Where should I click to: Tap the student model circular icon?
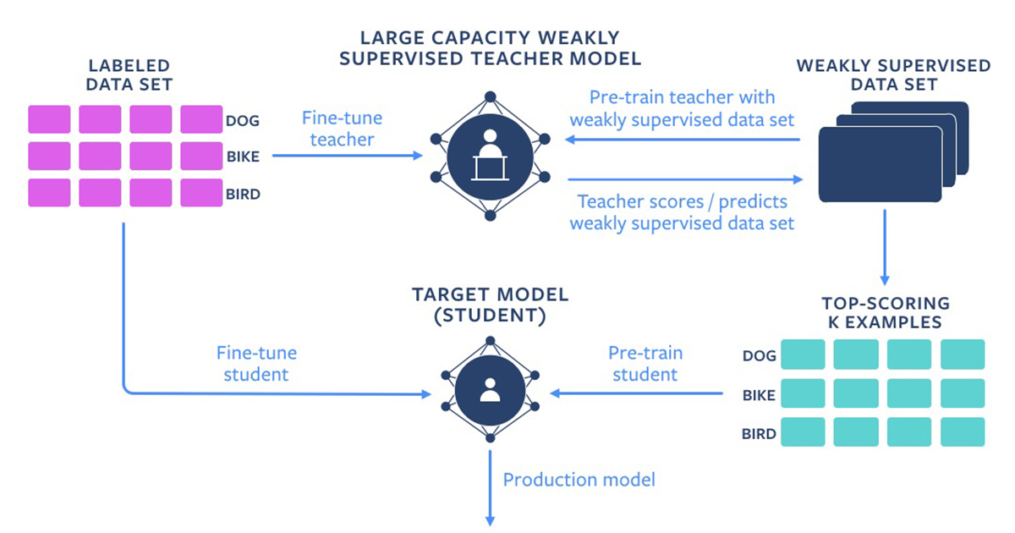pyautogui.click(x=490, y=389)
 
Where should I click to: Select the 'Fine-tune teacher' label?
pyautogui.click(x=342, y=129)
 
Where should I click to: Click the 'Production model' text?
pyautogui.click(x=579, y=480)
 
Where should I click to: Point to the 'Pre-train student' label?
pyautogui.click(x=645, y=363)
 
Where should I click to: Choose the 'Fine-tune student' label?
pyautogui.click(x=256, y=362)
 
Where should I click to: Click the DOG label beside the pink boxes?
pyautogui.click(x=243, y=120)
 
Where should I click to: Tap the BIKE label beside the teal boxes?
pyautogui.click(x=759, y=394)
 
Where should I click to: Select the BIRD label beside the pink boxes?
pyautogui.click(x=243, y=194)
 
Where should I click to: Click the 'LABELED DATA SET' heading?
pyautogui.click(x=130, y=74)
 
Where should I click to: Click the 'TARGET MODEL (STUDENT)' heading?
pyautogui.click(x=490, y=305)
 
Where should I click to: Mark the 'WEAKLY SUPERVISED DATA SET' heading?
pyautogui.click(x=893, y=74)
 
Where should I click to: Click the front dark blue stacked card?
pyautogui.click(x=880, y=164)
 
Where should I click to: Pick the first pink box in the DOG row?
pyautogui.click(x=49, y=119)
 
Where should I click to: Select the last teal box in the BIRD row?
pyautogui.click(x=963, y=431)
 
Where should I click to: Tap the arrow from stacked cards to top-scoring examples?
pyautogui.click(x=884, y=245)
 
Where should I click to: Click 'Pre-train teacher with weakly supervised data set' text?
pyautogui.click(x=682, y=108)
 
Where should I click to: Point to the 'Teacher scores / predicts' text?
pyautogui.click(x=682, y=202)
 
